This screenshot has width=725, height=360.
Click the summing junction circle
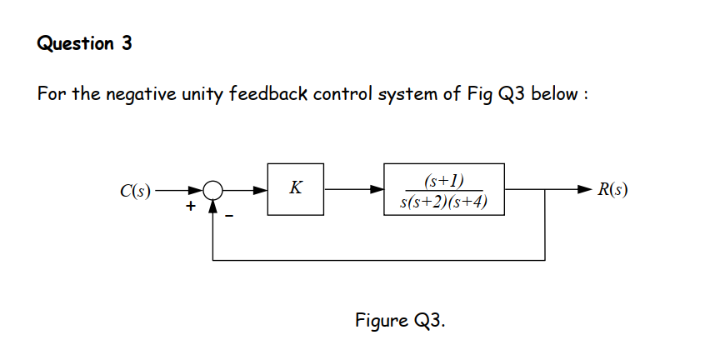(214, 190)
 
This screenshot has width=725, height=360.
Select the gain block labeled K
(296, 189)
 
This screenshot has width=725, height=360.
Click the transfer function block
(443, 189)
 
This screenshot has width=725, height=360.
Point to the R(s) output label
(612, 189)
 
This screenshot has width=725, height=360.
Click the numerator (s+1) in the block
(443, 180)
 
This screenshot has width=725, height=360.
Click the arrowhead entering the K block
(261, 190)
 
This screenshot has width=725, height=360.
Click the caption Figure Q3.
(399, 320)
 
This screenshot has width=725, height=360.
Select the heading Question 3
(85, 44)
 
